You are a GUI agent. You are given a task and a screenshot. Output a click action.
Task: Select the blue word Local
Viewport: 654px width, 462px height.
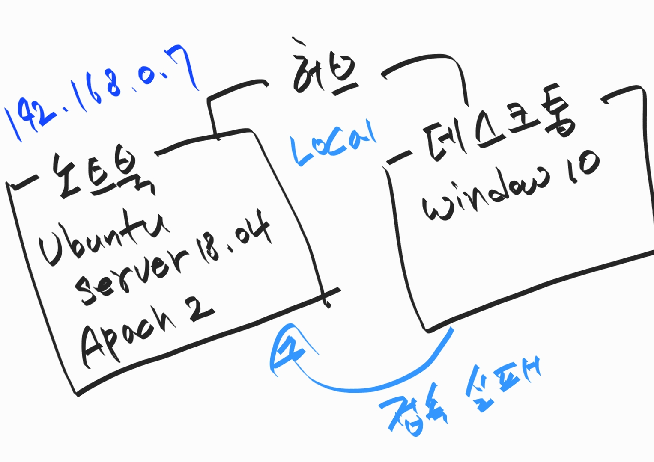(x=332, y=143)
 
